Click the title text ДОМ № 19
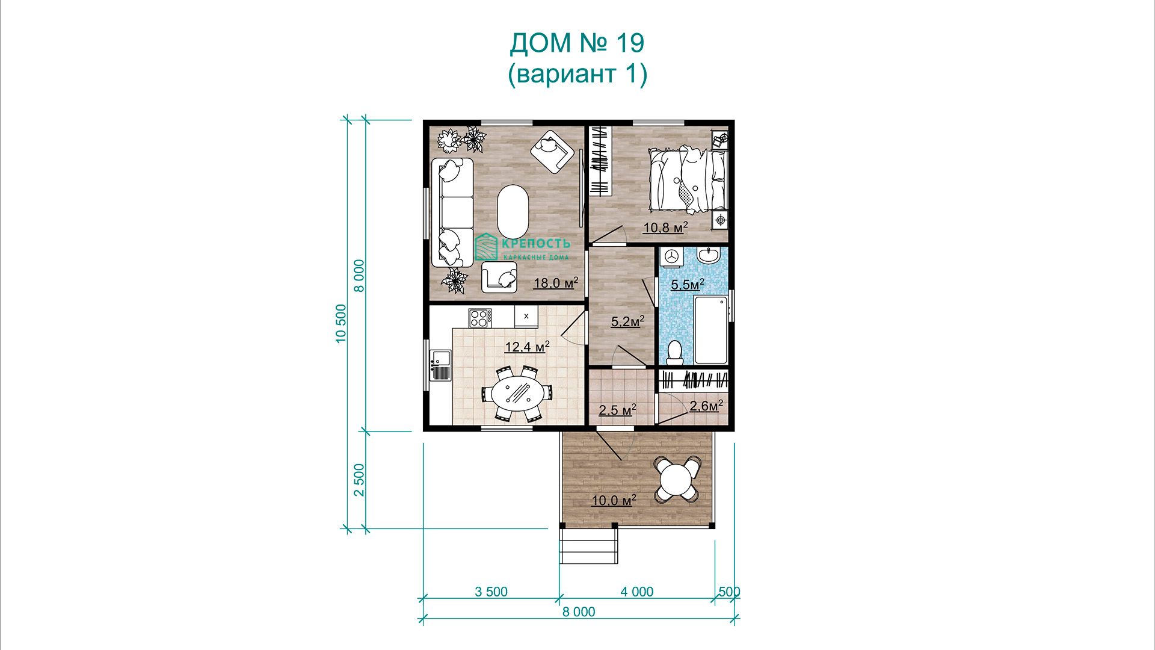pyautogui.click(x=577, y=43)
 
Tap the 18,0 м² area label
pyautogui.click(x=556, y=282)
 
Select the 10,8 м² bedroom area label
pyautogui.click(x=665, y=227)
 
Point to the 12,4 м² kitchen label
pyautogui.click(x=527, y=347)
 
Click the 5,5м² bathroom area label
pyautogui.click(x=688, y=284)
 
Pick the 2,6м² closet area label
pyautogui.click(x=706, y=406)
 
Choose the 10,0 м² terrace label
pyautogui.click(x=614, y=500)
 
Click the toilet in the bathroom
pyautogui.click(x=675, y=352)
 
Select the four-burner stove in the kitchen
pyautogui.click(x=480, y=317)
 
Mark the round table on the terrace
pyautogui.click(x=677, y=479)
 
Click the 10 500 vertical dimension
pyautogui.click(x=341, y=324)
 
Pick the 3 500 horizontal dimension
pyautogui.click(x=491, y=592)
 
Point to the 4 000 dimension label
pyautogui.click(x=637, y=592)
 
